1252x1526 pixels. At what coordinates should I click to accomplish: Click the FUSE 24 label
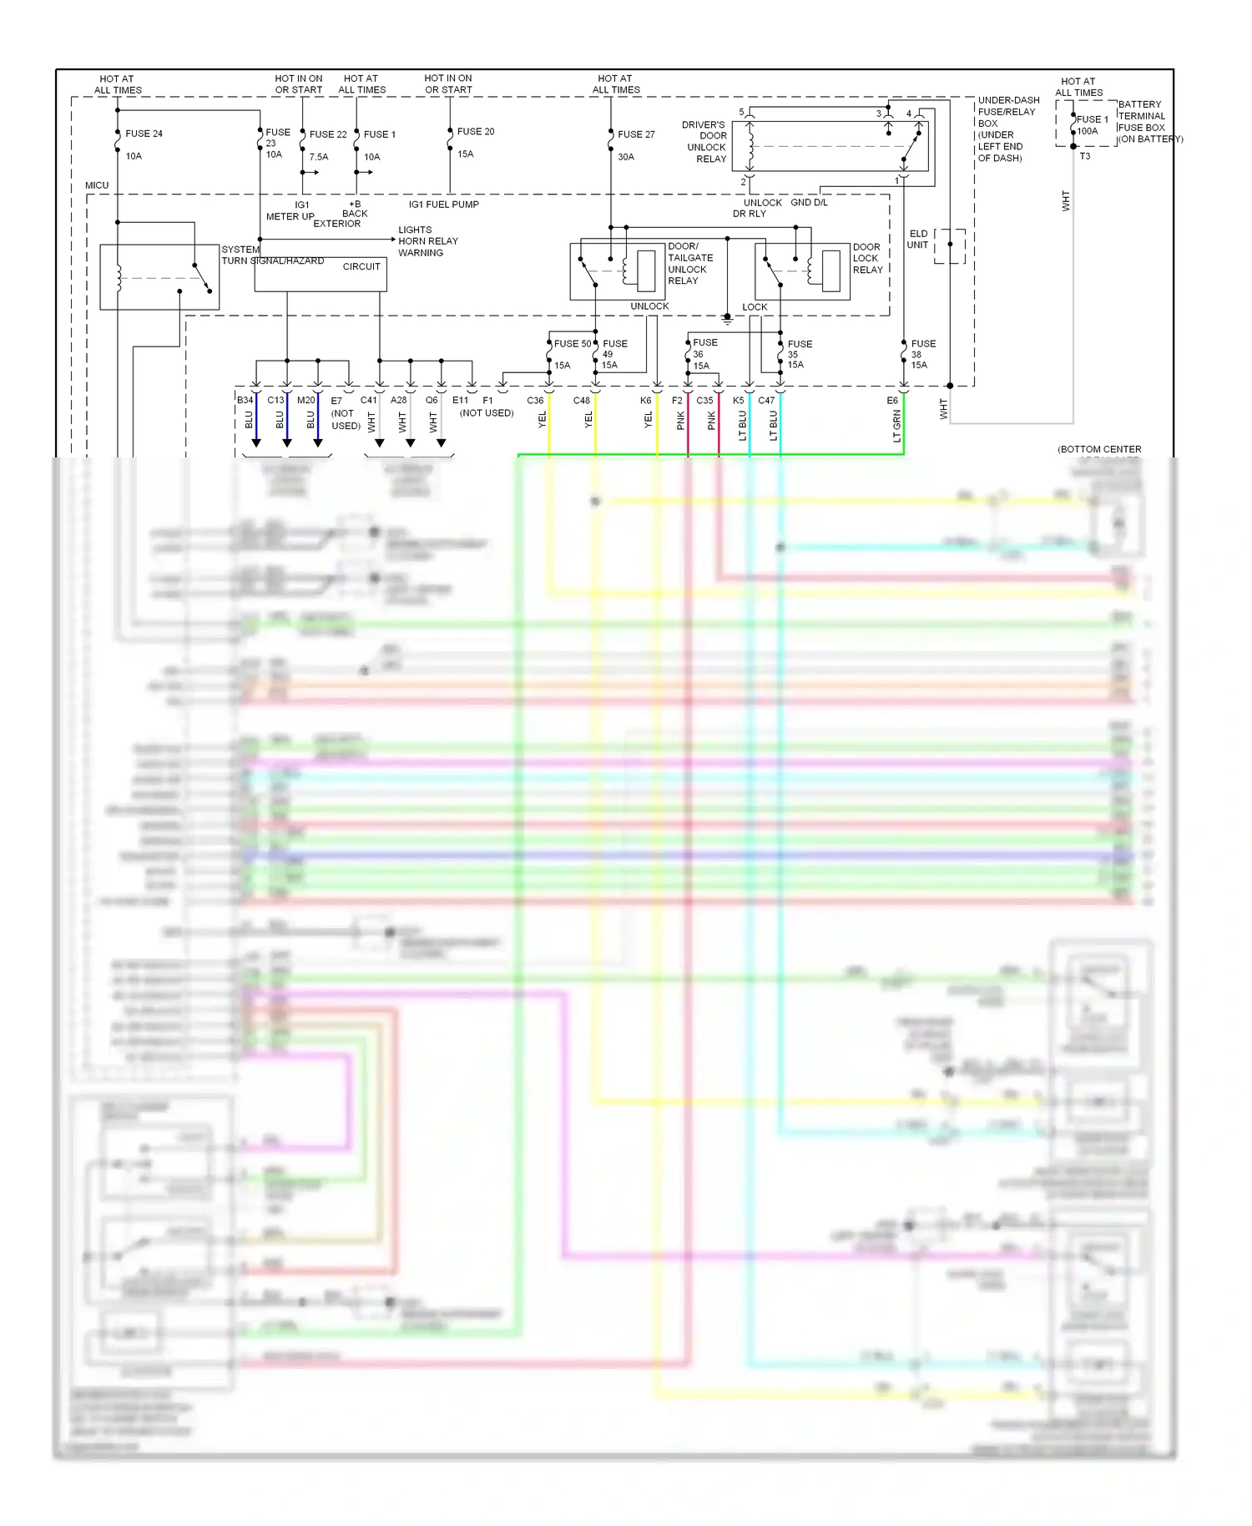pyautogui.click(x=144, y=134)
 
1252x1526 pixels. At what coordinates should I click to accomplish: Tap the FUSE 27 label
pyautogui.click(x=636, y=134)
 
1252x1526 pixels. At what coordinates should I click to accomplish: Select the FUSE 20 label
pyautogui.click(x=476, y=132)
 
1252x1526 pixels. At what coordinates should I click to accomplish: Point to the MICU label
pyautogui.click(x=97, y=185)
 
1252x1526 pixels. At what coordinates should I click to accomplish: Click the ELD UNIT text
pyautogui.click(x=918, y=240)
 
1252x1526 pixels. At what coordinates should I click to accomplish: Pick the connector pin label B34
pyautogui.click(x=245, y=401)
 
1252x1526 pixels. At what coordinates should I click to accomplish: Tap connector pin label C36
pyautogui.click(x=535, y=401)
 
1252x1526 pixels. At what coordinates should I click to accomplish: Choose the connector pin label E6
pyautogui.click(x=892, y=401)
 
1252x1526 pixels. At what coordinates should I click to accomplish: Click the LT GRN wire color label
pyautogui.click(x=897, y=426)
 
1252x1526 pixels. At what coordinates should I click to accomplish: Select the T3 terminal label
pyautogui.click(x=1084, y=156)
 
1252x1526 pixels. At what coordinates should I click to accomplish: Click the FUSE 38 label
pyautogui.click(x=922, y=354)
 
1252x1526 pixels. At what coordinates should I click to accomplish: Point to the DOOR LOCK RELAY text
pyautogui.click(x=867, y=259)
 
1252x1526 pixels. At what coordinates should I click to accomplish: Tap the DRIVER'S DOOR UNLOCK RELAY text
pyautogui.click(x=705, y=142)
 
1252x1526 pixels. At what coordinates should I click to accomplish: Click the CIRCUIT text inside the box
pyautogui.click(x=361, y=267)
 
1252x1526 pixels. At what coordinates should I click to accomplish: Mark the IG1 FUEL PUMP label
pyautogui.click(x=443, y=205)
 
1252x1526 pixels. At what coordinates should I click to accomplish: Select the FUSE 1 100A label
pyautogui.click(x=1091, y=125)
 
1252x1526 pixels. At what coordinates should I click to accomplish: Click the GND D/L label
pyautogui.click(x=809, y=203)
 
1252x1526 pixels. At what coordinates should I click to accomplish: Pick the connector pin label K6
pyautogui.click(x=645, y=401)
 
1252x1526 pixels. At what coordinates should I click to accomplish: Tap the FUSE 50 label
pyautogui.click(x=573, y=344)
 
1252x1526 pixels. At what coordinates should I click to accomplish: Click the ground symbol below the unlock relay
pyautogui.click(x=727, y=320)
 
